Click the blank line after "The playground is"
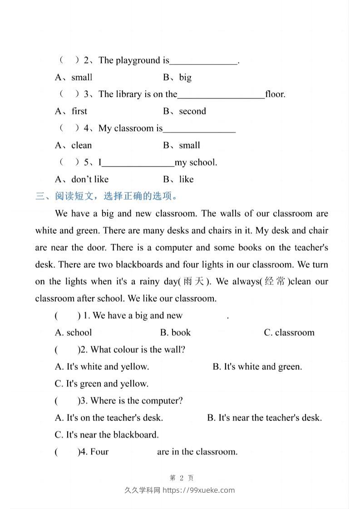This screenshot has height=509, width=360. pos(203,62)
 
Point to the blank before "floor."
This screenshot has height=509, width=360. pos(221,95)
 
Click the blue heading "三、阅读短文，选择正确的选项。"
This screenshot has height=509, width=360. pos(107,196)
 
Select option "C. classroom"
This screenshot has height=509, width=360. pos(289,333)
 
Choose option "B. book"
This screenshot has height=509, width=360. pos(175,333)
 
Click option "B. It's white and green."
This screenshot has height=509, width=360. pos(257,367)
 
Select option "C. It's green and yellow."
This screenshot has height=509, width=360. pos(102,384)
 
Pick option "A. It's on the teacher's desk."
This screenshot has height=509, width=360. pos(109,418)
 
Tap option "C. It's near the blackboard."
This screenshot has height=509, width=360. pos(107,435)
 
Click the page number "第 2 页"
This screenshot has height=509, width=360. pos(181,478)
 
